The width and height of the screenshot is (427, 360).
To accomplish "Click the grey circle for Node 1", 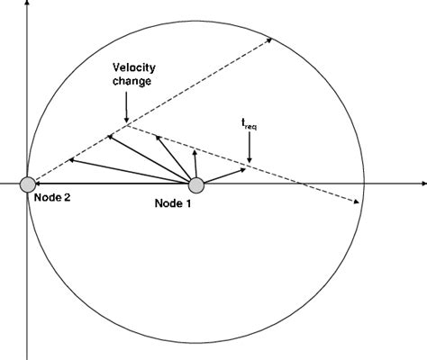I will click(x=195, y=184).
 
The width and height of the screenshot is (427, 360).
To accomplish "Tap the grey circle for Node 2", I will click(x=29, y=184).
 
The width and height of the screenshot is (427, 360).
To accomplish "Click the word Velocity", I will click(x=131, y=68).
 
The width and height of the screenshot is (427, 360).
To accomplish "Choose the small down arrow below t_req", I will click(x=250, y=159).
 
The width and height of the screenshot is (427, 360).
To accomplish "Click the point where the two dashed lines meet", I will click(x=128, y=124).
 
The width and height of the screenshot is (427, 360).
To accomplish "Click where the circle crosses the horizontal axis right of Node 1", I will click(x=363, y=184).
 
